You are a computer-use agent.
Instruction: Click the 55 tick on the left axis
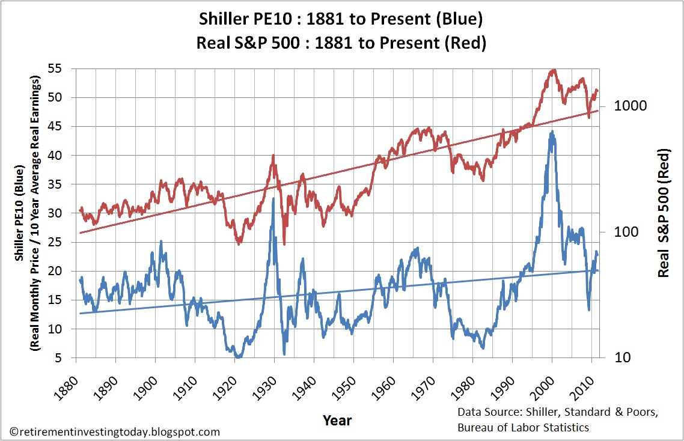(x=55, y=68)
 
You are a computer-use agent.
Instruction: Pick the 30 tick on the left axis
(x=55, y=213)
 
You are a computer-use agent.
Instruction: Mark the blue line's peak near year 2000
(x=552, y=132)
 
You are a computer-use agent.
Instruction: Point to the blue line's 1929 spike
(x=273, y=199)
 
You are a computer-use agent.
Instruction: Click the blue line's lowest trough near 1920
(x=239, y=356)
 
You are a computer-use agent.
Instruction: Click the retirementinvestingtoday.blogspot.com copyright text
(x=115, y=431)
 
